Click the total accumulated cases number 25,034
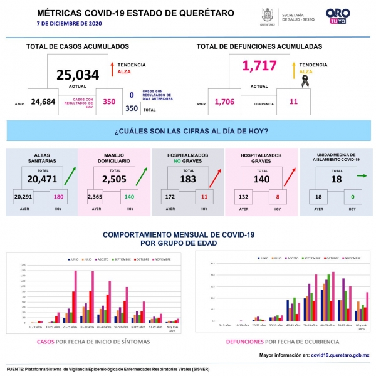point(78,75)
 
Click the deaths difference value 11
point(293,102)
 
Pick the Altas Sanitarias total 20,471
point(43,180)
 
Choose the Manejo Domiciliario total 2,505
point(115,180)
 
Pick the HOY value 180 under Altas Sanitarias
point(59,197)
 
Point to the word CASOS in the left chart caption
point(45,342)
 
